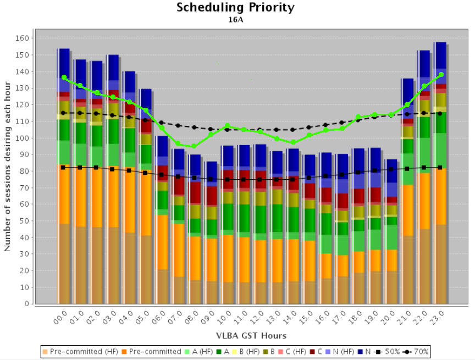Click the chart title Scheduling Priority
(x=235, y=8)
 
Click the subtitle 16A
(x=235, y=20)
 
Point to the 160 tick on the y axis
(x=23, y=38)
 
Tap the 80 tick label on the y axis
(x=25, y=171)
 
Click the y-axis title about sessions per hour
(x=8, y=167)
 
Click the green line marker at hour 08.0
(x=194, y=146)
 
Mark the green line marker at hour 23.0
(x=441, y=75)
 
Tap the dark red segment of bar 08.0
(x=194, y=192)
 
